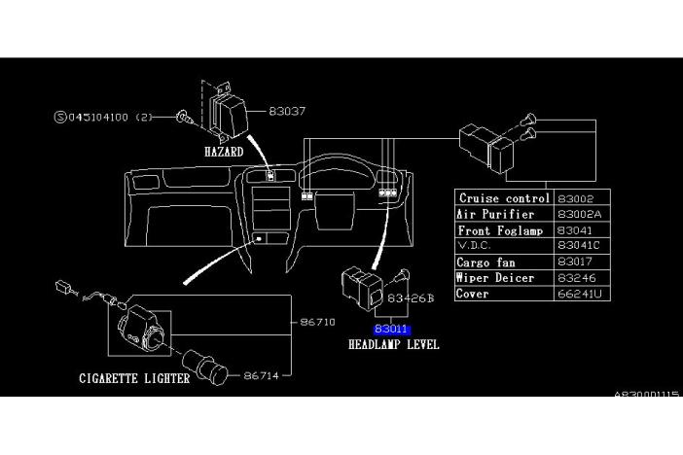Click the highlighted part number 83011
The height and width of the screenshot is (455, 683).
click(x=392, y=330)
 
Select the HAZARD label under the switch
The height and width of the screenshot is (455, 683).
click(x=223, y=153)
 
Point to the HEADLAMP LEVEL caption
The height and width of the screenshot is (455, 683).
click(x=393, y=345)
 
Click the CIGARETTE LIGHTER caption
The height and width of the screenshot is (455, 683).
click(x=134, y=378)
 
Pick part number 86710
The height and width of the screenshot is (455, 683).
click(x=318, y=321)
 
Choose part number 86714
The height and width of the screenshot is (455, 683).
click(x=263, y=373)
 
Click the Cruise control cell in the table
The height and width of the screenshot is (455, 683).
click(x=504, y=198)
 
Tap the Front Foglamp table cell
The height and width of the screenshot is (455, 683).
click(x=502, y=230)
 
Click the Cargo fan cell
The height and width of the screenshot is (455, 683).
click(x=487, y=262)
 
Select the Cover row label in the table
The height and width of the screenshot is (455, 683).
click(x=474, y=294)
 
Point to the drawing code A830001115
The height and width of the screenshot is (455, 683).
click(x=647, y=396)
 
